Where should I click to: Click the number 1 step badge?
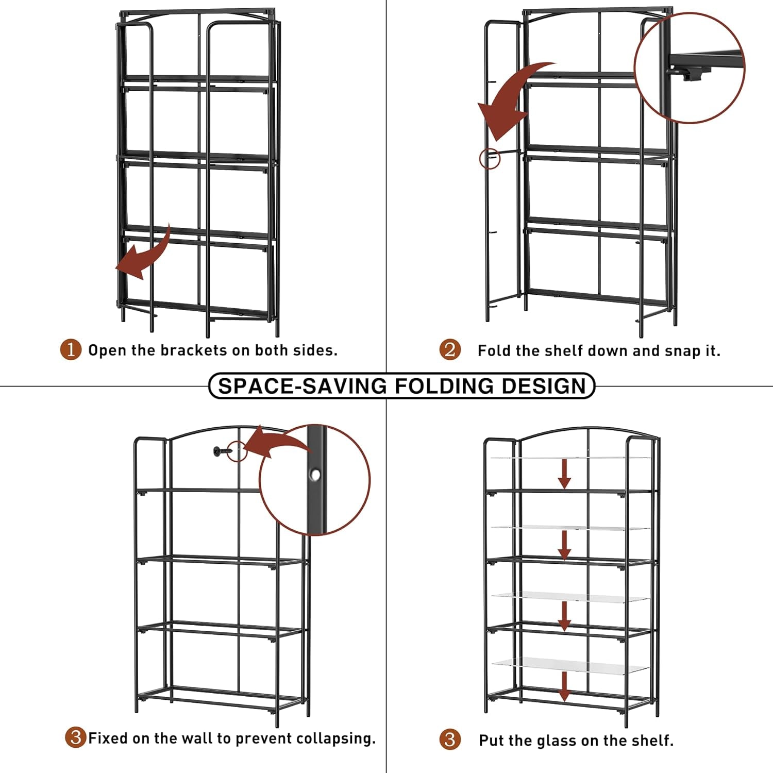tap(71, 350)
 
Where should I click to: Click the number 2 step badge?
tap(450, 350)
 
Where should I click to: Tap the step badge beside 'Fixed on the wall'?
tap(76, 737)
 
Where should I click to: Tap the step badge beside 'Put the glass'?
tap(450, 740)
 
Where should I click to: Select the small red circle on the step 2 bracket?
tap(490, 158)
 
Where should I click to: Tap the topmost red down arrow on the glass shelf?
tap(565, 473)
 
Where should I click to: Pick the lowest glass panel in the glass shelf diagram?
tap(569, 666)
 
